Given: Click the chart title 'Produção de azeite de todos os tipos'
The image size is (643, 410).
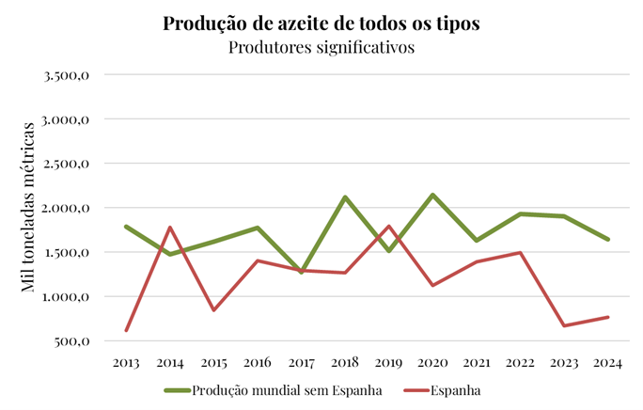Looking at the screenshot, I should pos(321,24).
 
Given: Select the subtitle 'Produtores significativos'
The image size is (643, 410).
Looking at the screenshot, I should pos(321,47).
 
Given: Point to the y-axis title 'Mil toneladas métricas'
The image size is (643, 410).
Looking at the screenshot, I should pos(29,207).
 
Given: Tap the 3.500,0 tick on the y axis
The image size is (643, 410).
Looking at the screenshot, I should pos(67,75).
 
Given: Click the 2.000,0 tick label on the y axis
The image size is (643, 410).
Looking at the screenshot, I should pos(67,208).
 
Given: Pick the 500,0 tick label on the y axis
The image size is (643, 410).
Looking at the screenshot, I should pos(71,341).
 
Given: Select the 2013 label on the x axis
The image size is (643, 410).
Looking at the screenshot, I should pos(126,361).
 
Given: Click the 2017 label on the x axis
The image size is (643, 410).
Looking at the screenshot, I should pos(302,361).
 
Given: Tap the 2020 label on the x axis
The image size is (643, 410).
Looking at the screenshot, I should pos(431,361).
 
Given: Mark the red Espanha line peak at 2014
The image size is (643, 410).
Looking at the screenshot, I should pos(169,228).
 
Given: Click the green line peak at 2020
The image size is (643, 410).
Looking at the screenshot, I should pos(432,195).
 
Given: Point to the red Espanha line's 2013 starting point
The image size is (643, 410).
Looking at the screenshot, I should pos(126,330).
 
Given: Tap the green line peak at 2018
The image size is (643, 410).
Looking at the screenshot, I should pos(345,197).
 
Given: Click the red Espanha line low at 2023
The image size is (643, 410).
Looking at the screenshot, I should pos(564,325).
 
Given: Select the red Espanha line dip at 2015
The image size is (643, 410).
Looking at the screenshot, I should pos(213,310).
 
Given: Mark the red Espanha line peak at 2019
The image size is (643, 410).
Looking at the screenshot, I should pos(388,227).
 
